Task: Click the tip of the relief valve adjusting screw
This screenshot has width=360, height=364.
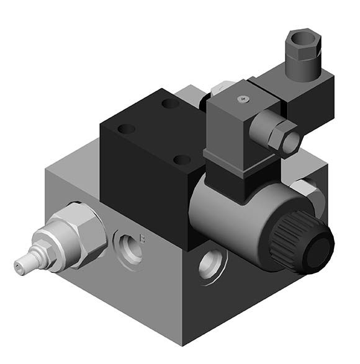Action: click(x=19, y=268)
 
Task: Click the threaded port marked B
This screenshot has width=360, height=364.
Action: click(x=128, y=244)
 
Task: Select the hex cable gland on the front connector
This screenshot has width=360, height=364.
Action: click(x=282, y=135)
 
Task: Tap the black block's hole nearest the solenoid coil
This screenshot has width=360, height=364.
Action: click(x=182, y=159)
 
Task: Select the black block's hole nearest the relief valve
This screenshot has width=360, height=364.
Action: click(x=126, y=130)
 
